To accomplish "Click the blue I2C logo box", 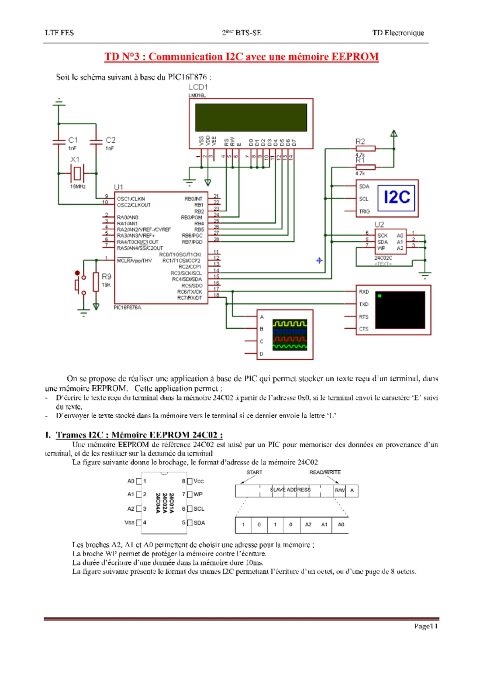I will pyautogui.click(x=396, y=197).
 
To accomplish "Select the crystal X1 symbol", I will pyautogui.click(x=77, y=174).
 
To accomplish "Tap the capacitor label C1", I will pyautogui.click(x=73, y=140).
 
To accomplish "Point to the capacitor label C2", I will pyautogui.click(x=110, y=140).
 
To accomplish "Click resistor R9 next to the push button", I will pyautogui.click(x=96, y=282).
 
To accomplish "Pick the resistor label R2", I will pyautogui.click(x=360, y=141).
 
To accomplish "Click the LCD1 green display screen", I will pyautogui.click(x=251, y=117).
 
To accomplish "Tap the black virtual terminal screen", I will pyautogui.click(x=400, y=310).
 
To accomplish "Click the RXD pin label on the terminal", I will pyautogui.click(x=364, y=292).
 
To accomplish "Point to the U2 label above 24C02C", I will pyautogui.click(x=379, y=224).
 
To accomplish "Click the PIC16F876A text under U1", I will pyautogui.click(x=127, y=307).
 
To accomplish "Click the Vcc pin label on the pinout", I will pyautogui.click(x=198, y=481).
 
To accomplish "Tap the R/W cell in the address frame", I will pyautogui.click(x=340, y=490).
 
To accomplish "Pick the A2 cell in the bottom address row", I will pyautogui.click(x=308, y=524).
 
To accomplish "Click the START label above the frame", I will pyautogui.click(x=254, y=472).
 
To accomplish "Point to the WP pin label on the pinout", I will pyautogui.click(x=198, y=494).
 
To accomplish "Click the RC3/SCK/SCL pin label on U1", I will pyautogui.click(x=186, y=273).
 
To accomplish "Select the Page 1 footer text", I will pyautogui.click(x=425, y=626).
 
